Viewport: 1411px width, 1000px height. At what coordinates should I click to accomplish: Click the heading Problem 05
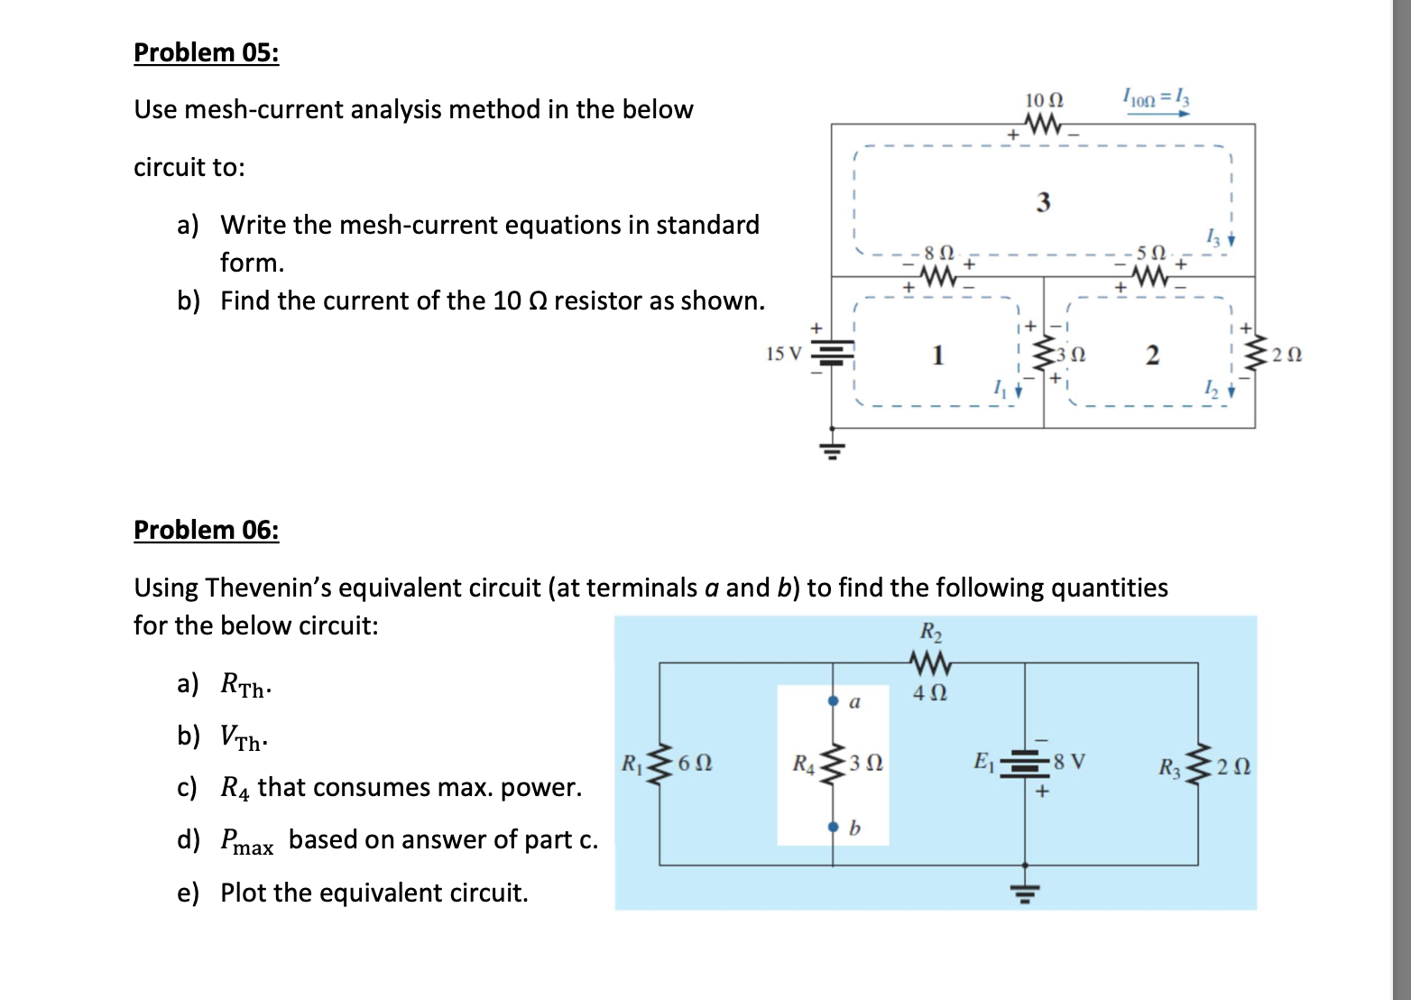click(206, 52)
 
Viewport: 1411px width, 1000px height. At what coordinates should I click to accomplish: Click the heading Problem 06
click(206, 530)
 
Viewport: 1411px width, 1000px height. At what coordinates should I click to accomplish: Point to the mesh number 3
click(1043, 202)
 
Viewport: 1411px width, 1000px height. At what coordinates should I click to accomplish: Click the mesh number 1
click(937, 355)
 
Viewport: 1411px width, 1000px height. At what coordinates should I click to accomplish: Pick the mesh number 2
click(1151, 355)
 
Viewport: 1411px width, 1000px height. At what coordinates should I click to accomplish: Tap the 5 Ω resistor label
click(1151, 250)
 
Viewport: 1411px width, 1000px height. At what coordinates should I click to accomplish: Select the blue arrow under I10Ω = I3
click(1156, 115)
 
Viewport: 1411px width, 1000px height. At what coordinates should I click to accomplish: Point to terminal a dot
click(833, 699)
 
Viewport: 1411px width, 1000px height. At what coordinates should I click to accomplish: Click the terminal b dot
click(833, 826)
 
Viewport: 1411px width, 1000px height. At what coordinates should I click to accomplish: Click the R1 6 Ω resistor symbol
click(660, 763)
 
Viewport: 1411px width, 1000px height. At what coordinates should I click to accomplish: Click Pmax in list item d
click(246, 841)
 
